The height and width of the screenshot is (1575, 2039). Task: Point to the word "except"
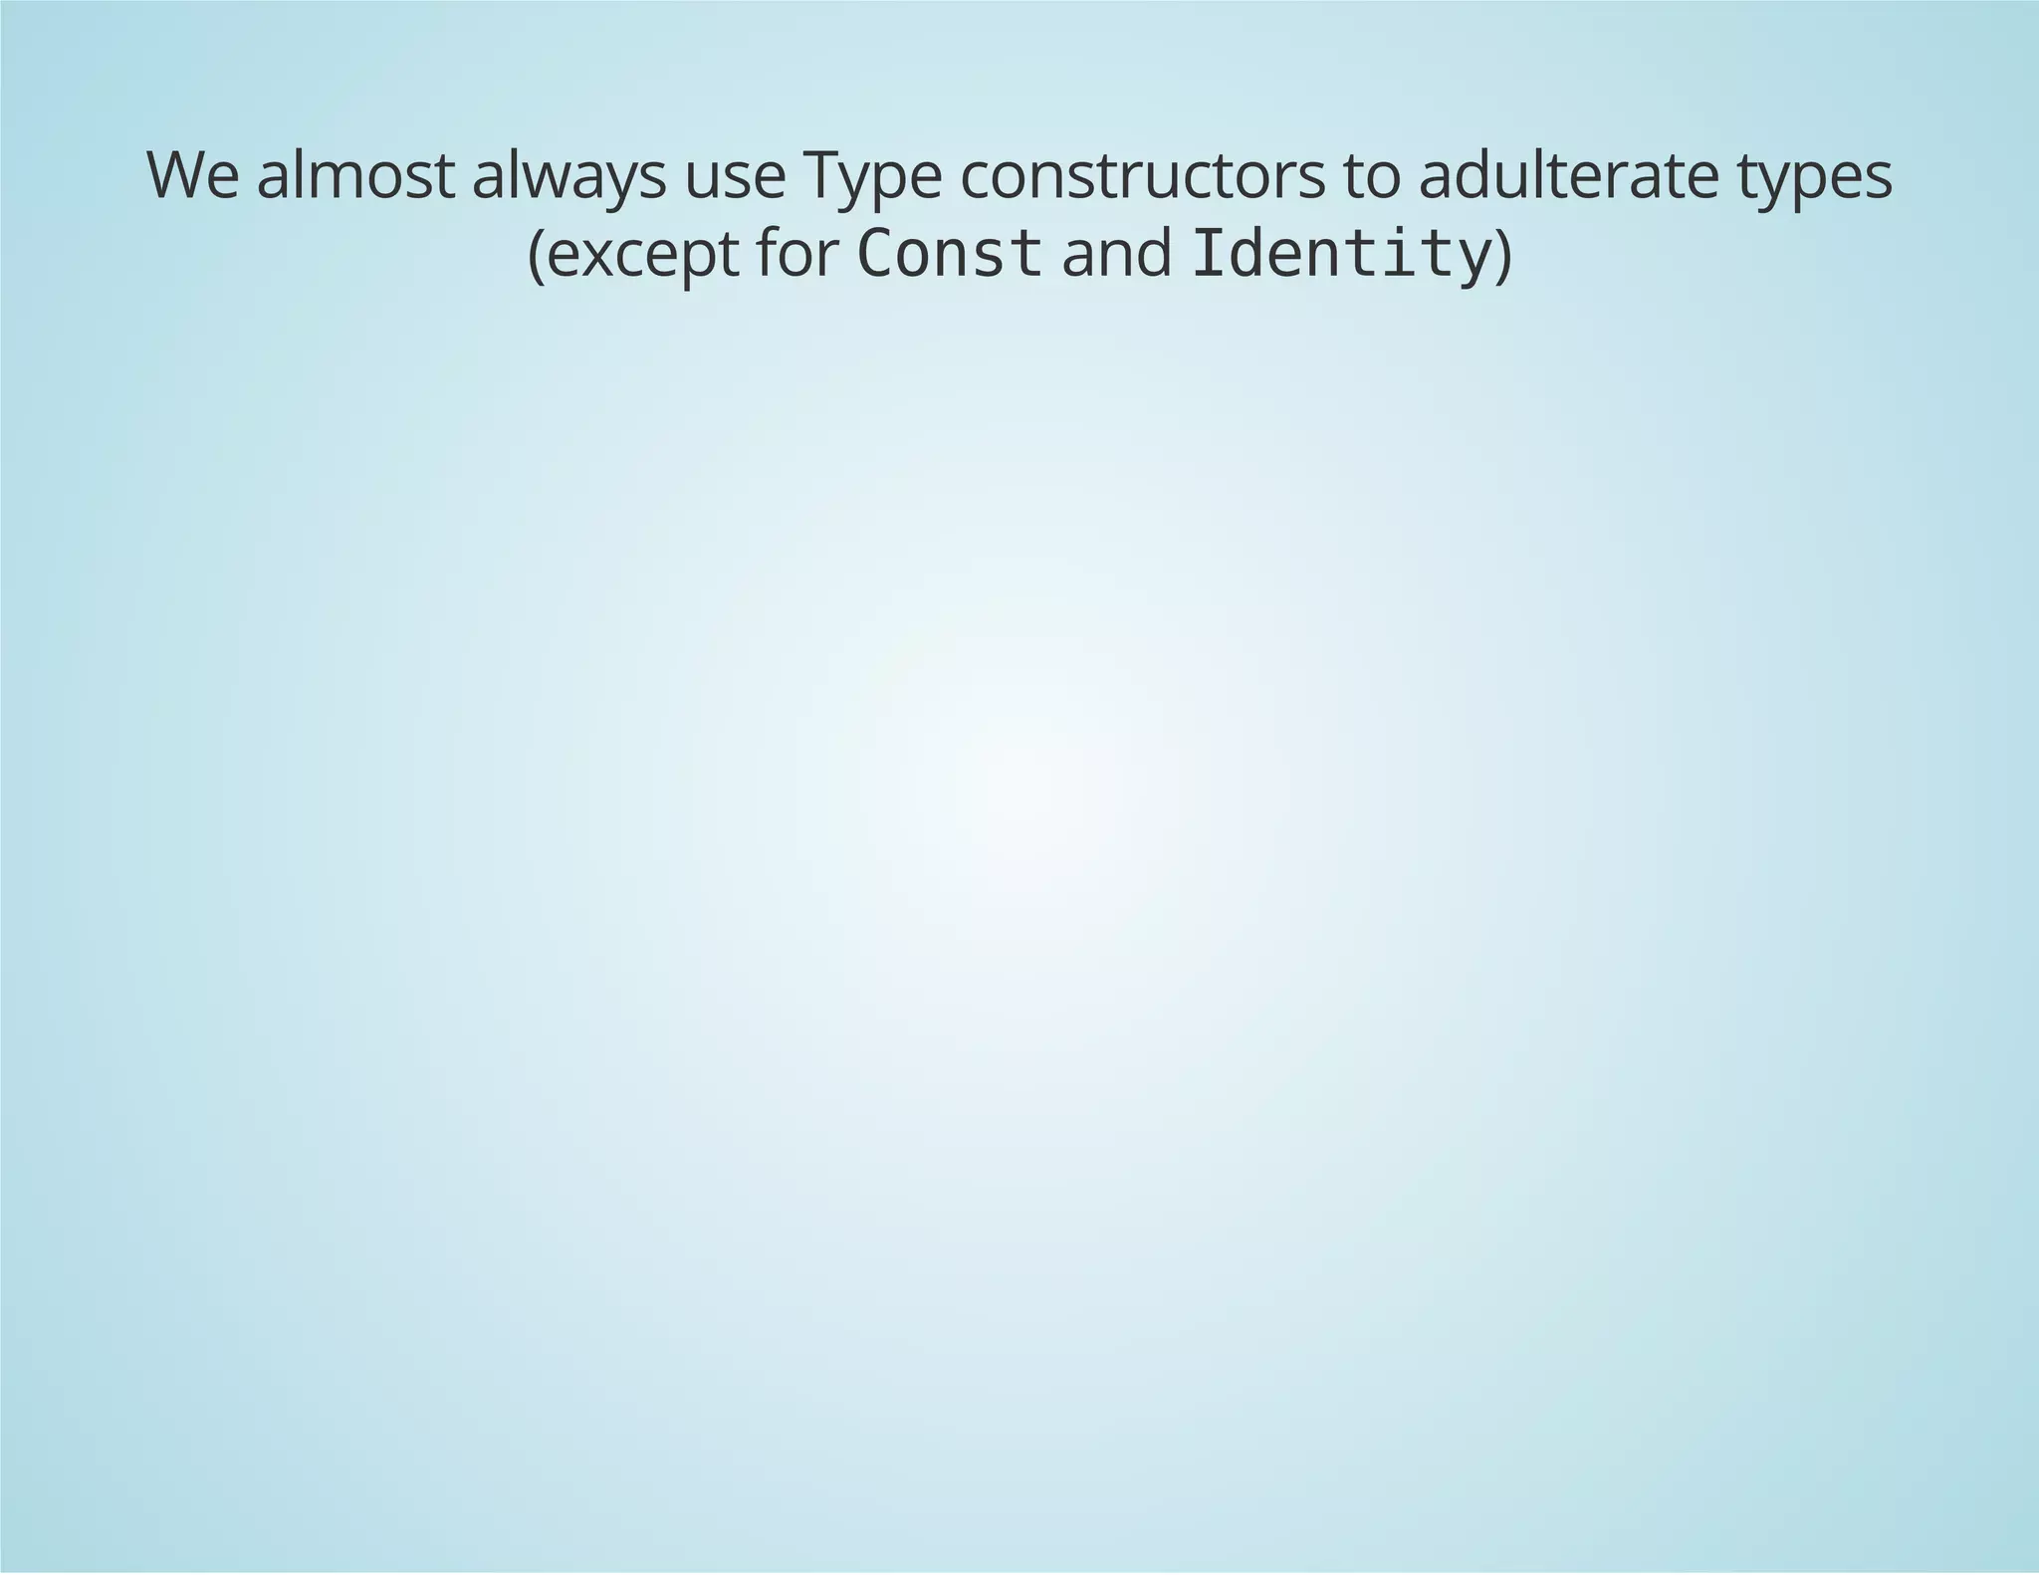click(x=643, y=256)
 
